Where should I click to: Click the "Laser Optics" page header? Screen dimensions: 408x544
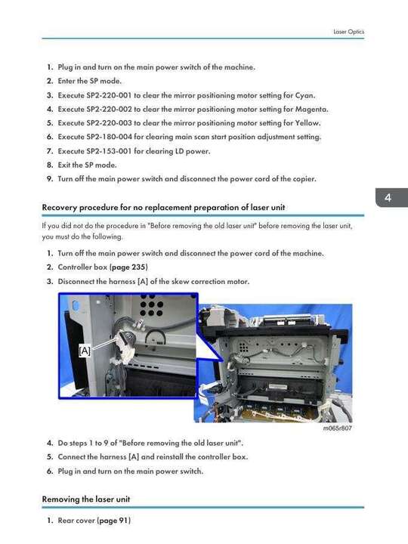click(x=348, y=32)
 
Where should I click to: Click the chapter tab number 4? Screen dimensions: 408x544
click(x=388, y=198)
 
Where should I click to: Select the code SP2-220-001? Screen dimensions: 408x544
click(x=109, y=95)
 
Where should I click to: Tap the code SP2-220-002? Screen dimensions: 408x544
click(x=109, y=109)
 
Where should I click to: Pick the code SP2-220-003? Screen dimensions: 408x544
click(x=109, y=123)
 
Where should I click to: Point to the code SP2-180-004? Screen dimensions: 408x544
click(x=109, y=137)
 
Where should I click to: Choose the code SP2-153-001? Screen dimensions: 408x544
click(x=109, y=151)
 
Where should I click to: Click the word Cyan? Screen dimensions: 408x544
click(x=305, y=95)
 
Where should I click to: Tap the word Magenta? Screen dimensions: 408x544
click(x=311, y=110)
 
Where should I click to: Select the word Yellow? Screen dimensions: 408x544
click(x=308, y=123)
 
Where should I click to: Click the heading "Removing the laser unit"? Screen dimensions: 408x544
click(x=86, y=499)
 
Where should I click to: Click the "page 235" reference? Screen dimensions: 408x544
click(x=130, y=267)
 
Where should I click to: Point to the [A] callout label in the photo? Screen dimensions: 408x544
click(x=85, y=351)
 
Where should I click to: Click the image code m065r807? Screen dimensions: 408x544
click(x=338, y=428)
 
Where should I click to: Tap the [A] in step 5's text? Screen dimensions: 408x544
click(x=134, y=457)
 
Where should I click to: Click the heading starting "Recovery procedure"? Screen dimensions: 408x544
click(x=163, y=208)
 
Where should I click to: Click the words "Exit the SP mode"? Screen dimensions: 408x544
click(x=87, y=165)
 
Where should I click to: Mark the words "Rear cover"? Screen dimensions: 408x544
click(x=76, y=521)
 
